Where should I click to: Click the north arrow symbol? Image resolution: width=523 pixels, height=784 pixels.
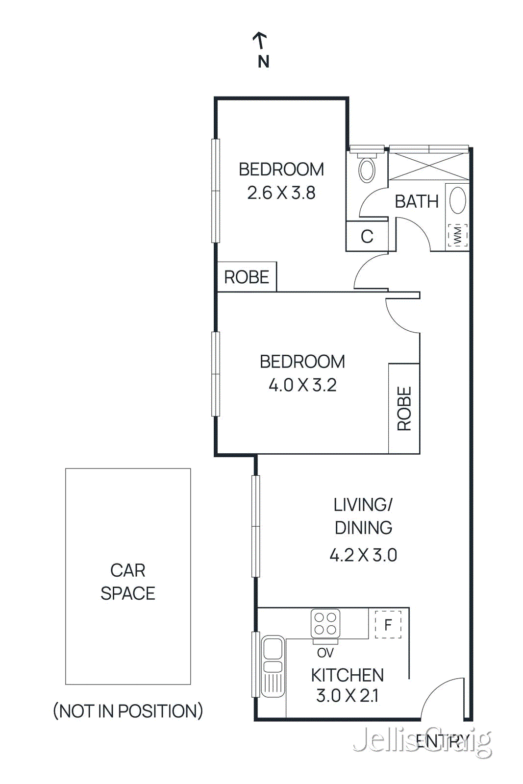pyautogui.click(x=260, y=41)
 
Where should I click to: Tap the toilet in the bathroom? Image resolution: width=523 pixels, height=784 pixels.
pyautogui.click(x=367, y=169)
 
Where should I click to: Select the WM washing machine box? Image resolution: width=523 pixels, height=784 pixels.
pyautogui.click(x=457, y=236)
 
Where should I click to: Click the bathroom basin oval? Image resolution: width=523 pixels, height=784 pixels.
pyautogui.click(x=458, y=200)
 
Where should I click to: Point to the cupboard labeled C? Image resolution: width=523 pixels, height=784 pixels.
pyautogui.click(x=367, y=237)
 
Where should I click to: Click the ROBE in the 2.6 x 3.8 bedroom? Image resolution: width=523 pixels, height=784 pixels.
pyautogui.click(x=247, y=277)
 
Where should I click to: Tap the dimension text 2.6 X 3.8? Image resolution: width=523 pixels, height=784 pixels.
pyautogui.click(x=281, y=193)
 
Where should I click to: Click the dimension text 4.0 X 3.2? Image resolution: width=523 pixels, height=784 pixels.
pyautogui.click(x=302, y=385)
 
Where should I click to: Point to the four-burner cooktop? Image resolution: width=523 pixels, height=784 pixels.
pyautogui.click(x=325, y=623)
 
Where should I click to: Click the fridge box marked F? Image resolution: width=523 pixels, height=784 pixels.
pyautogui.click(x=388, y=625)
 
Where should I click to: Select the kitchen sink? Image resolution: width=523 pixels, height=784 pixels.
pyautogui.click(x=273, y=665)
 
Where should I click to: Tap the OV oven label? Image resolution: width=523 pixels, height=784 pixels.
pyautogui.click(x=325, y=653)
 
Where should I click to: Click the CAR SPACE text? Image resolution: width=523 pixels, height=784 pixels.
pyautogui.click(x=128, y=582)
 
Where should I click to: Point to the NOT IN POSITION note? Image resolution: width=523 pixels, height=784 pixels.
pyautogui.click(x=128, y=711)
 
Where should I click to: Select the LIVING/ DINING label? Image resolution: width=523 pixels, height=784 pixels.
pyautogui.click(x=363, y=516)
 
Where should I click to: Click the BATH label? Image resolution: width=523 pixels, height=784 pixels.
pyautogui.click(x=417, y=201)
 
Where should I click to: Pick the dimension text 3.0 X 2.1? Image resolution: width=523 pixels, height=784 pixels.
pyautogui.click(x=347, y=696)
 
